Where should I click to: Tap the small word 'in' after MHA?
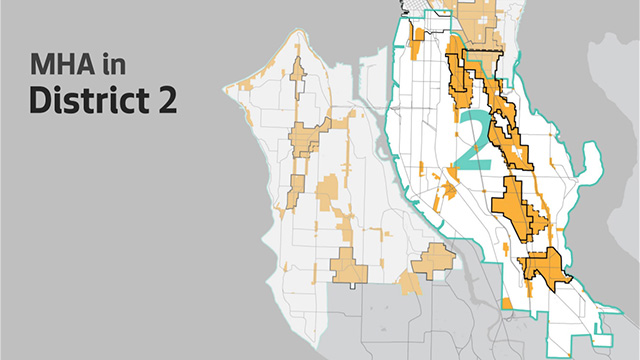[x=110, y=68]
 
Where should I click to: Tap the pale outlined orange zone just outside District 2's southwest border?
[x=433, y=261]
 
